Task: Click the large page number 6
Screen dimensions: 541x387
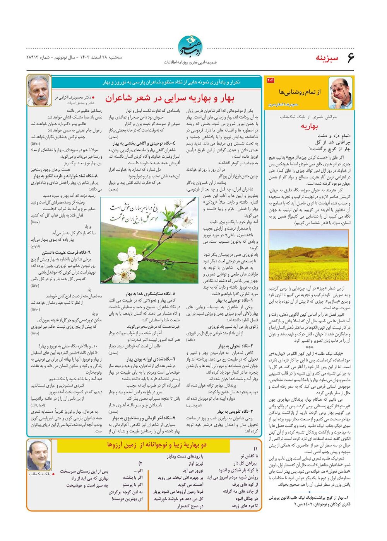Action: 350,58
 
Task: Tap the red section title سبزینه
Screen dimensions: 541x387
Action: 327,58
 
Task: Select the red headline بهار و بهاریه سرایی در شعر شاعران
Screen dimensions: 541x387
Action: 170,98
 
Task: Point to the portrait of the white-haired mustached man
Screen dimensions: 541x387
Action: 39,90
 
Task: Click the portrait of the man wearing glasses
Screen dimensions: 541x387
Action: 340,93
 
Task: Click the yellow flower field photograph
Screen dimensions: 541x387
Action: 309,255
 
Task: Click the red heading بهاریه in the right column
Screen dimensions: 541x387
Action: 309,126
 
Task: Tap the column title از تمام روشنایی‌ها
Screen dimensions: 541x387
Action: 300,92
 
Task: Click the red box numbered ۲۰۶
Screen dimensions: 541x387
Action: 270,80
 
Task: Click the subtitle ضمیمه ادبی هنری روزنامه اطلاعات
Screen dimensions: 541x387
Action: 190,62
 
